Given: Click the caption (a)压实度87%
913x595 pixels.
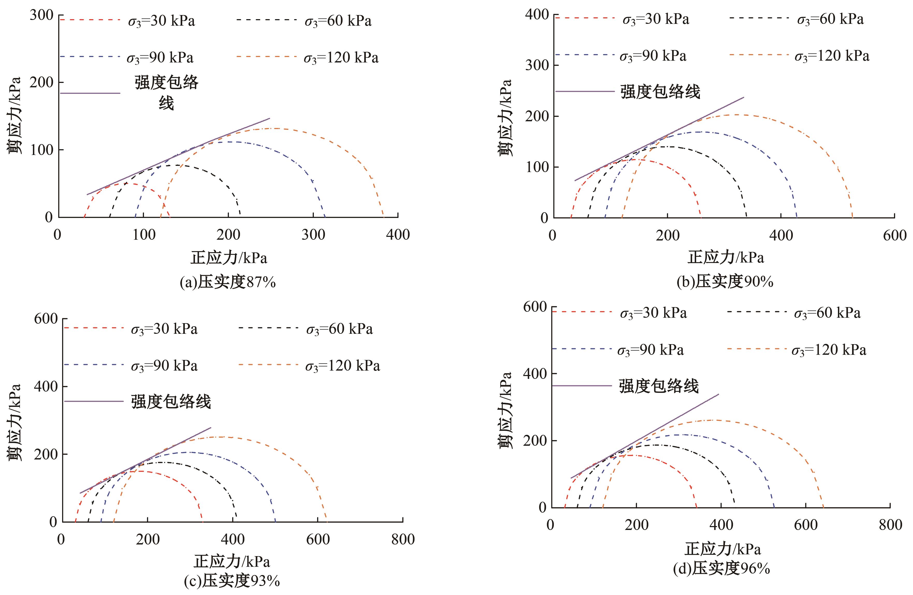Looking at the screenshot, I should (x=228, y=282).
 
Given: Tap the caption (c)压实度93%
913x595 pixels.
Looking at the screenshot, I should (x=232, y=581).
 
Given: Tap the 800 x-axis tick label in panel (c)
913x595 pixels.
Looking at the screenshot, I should (x=403, y=539).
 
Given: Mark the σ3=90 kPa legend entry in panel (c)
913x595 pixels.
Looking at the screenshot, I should (x=164, y=366).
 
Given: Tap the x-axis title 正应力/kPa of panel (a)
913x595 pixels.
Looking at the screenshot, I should (x=229, y=258).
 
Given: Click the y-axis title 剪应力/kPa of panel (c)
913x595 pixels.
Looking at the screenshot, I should (x=14, y=422).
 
